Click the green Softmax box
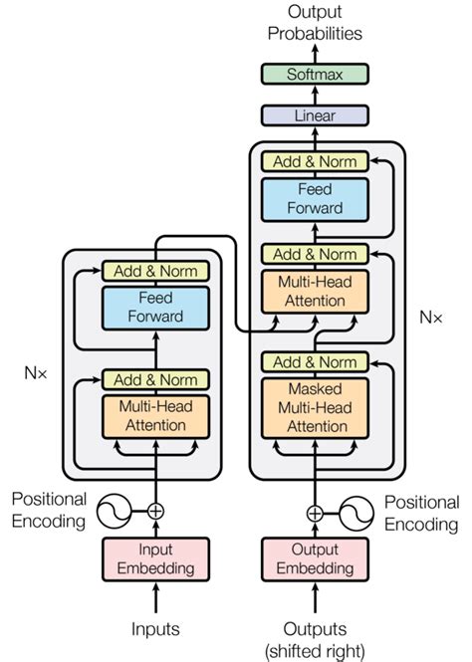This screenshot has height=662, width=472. [x=314, y=74]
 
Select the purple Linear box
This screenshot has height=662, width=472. [x=314, y=115]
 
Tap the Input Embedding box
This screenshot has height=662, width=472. [x=155, y=558]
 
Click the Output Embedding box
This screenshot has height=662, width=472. [x=314, y=558]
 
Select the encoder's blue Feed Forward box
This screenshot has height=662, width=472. [x=155, y=307]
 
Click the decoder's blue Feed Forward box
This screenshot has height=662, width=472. [x=314, y=198]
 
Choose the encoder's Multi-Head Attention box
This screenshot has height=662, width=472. [x=155, y=416]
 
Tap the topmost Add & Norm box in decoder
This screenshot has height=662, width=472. [x=314, y=161]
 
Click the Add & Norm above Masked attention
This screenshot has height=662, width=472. [x=314, y=361]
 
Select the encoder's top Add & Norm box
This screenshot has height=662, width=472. [x=155, y=271]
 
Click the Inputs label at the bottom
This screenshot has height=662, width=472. [x=155, y=629]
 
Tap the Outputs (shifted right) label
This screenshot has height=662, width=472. [x=314, y=638]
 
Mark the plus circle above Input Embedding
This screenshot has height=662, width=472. [x=155, y=512]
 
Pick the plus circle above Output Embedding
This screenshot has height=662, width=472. [x=314, y=514]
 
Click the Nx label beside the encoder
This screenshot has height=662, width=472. [x=37, y=376]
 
